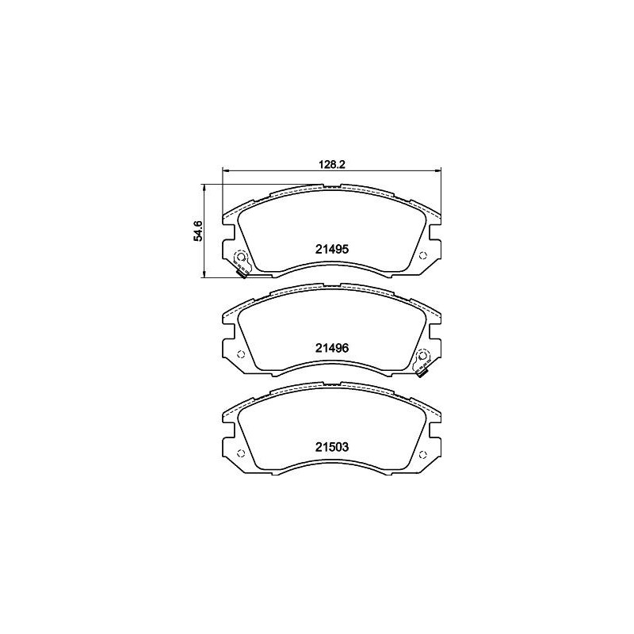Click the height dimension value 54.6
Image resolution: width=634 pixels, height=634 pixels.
click(198, 231)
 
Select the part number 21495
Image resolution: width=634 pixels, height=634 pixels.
click(331, 250)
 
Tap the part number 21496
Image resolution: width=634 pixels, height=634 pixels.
click(331, 348)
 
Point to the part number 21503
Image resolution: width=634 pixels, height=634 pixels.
click(331, 447)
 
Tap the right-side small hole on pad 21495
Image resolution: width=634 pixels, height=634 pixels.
click(423, 255)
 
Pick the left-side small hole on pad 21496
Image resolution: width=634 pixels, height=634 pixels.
click(240, 354)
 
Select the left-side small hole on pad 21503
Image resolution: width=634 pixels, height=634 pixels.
click(240, 453)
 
